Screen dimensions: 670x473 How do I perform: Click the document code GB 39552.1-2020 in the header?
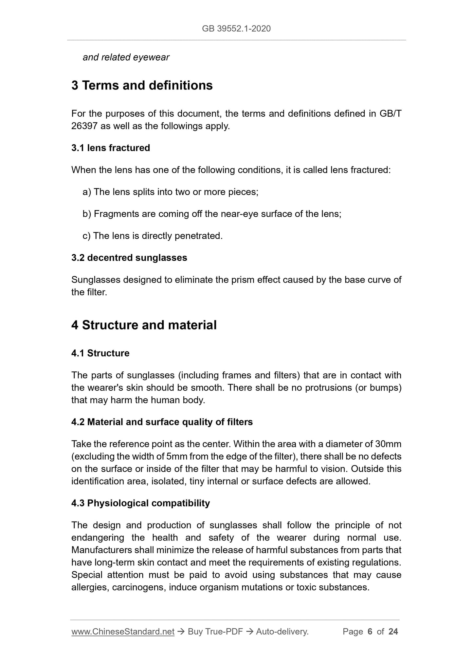(236, 29)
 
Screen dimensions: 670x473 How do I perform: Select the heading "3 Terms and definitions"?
(142, 86)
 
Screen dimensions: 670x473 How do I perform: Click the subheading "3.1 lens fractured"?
(111, 148)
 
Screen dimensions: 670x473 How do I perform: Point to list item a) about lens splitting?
(171, 192)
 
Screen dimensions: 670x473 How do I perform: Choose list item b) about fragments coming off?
(212, 214)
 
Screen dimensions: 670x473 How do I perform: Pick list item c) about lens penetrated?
(153, 236)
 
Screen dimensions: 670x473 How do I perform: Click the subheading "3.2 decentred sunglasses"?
(129, 258)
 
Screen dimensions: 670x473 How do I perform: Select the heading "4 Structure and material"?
(144, 325)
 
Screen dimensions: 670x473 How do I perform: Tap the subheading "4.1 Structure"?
(100, 353)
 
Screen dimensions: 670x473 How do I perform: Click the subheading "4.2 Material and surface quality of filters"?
(162, 422)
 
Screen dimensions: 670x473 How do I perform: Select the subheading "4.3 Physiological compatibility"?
(140, 503)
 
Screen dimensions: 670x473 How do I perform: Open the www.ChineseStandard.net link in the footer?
(123, 632)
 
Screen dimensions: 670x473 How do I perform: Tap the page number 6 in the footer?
(370, 632)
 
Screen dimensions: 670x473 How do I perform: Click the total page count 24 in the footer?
(393, 632)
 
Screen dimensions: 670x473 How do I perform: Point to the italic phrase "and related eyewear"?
(126, 57)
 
